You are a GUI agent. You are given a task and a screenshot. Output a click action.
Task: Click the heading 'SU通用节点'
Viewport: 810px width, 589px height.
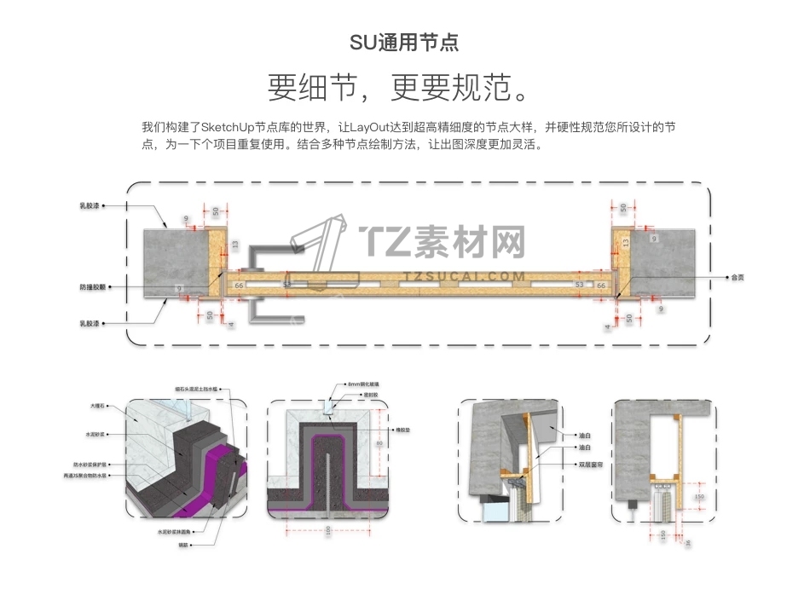point(404,43)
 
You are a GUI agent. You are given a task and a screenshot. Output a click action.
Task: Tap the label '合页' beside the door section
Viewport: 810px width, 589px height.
point(738,277)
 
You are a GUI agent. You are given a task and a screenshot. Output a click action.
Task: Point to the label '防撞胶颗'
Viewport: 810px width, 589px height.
point(91,287)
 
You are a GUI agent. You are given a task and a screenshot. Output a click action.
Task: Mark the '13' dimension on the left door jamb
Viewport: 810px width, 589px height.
point(236,244)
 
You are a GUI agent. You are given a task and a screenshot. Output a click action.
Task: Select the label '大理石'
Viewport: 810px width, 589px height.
point(96,406)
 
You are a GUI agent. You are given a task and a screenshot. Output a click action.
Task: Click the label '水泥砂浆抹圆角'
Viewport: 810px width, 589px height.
point(177,533)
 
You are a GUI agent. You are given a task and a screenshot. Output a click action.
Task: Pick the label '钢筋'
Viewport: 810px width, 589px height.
point(182,544)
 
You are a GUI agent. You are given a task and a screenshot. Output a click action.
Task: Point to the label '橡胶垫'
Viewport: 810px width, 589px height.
point(403,430)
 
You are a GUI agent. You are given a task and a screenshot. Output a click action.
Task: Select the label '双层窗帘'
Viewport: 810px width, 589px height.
point(592,465)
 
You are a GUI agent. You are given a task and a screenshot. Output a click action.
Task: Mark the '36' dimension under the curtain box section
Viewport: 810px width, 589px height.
point(687,543)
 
